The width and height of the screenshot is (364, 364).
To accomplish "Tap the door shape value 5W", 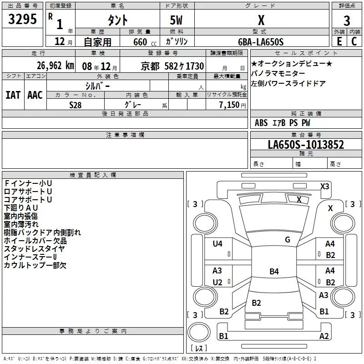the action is tap(177, 20).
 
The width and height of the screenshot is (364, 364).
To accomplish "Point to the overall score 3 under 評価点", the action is tap(347, 20).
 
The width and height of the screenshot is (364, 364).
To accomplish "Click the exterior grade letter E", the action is tap(339, 41).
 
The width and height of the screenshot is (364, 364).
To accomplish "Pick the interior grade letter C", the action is tap(354, 41).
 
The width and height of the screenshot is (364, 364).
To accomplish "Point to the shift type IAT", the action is tap(13, 95).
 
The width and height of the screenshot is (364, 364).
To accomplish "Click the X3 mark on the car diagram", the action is tap(324, 186).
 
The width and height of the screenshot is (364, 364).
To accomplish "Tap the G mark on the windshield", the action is tap(288, 240).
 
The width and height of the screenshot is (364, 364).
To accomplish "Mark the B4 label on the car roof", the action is tap(273, 272).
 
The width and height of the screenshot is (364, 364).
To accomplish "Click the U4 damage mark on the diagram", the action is tap(217, 244).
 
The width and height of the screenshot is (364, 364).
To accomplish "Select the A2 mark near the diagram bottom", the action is tap(324, 336).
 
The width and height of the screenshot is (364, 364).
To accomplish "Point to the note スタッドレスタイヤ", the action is tap(34, 248).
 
